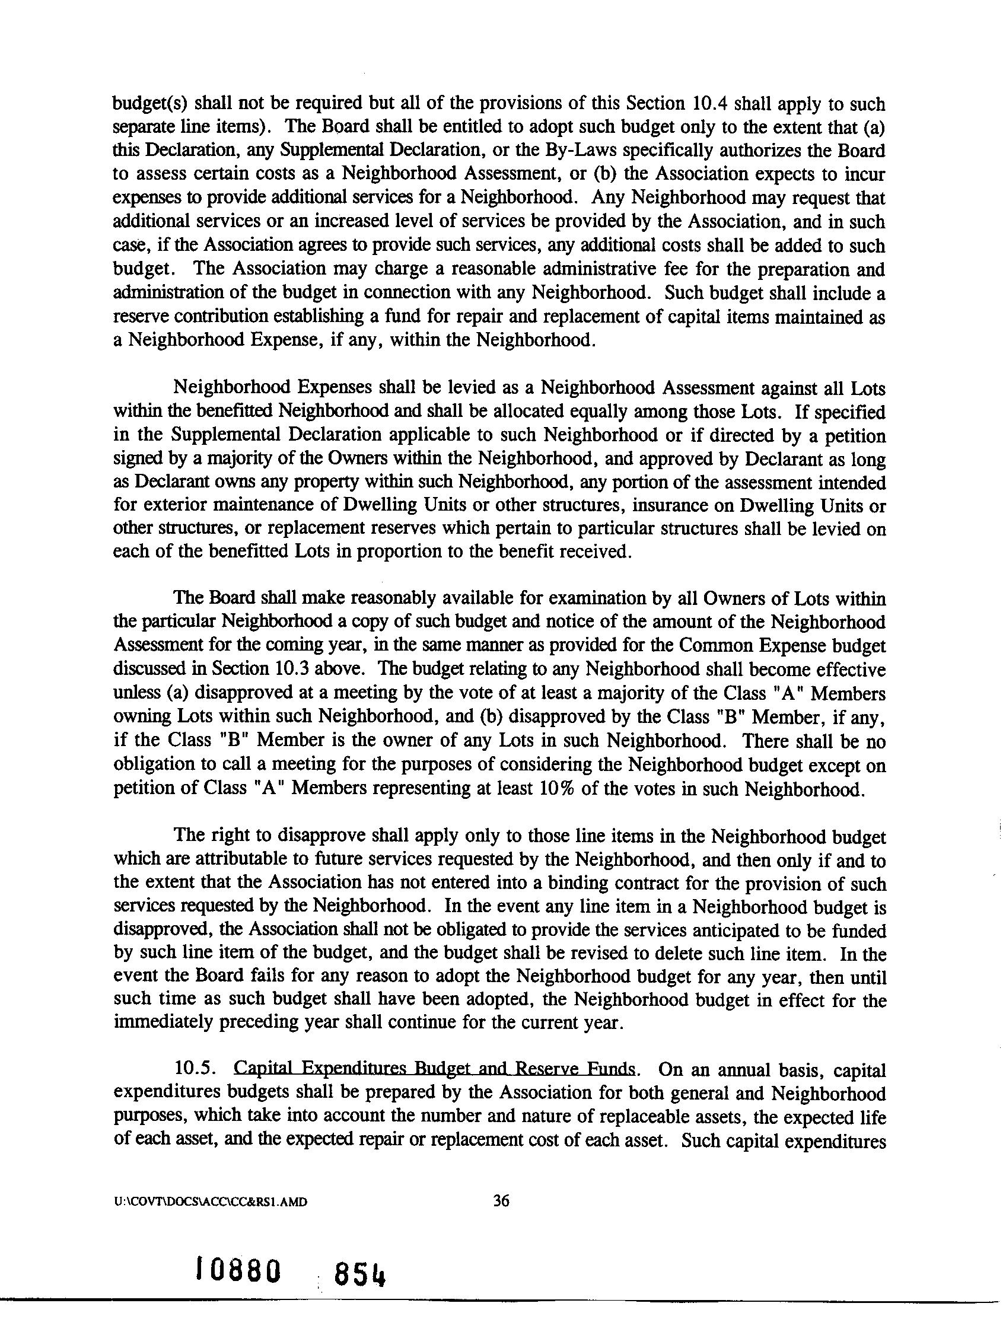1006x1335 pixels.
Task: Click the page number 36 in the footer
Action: [501, 1202]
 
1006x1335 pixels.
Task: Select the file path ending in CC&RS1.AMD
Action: [211, 1202]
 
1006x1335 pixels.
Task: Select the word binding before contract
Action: [602, 884]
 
